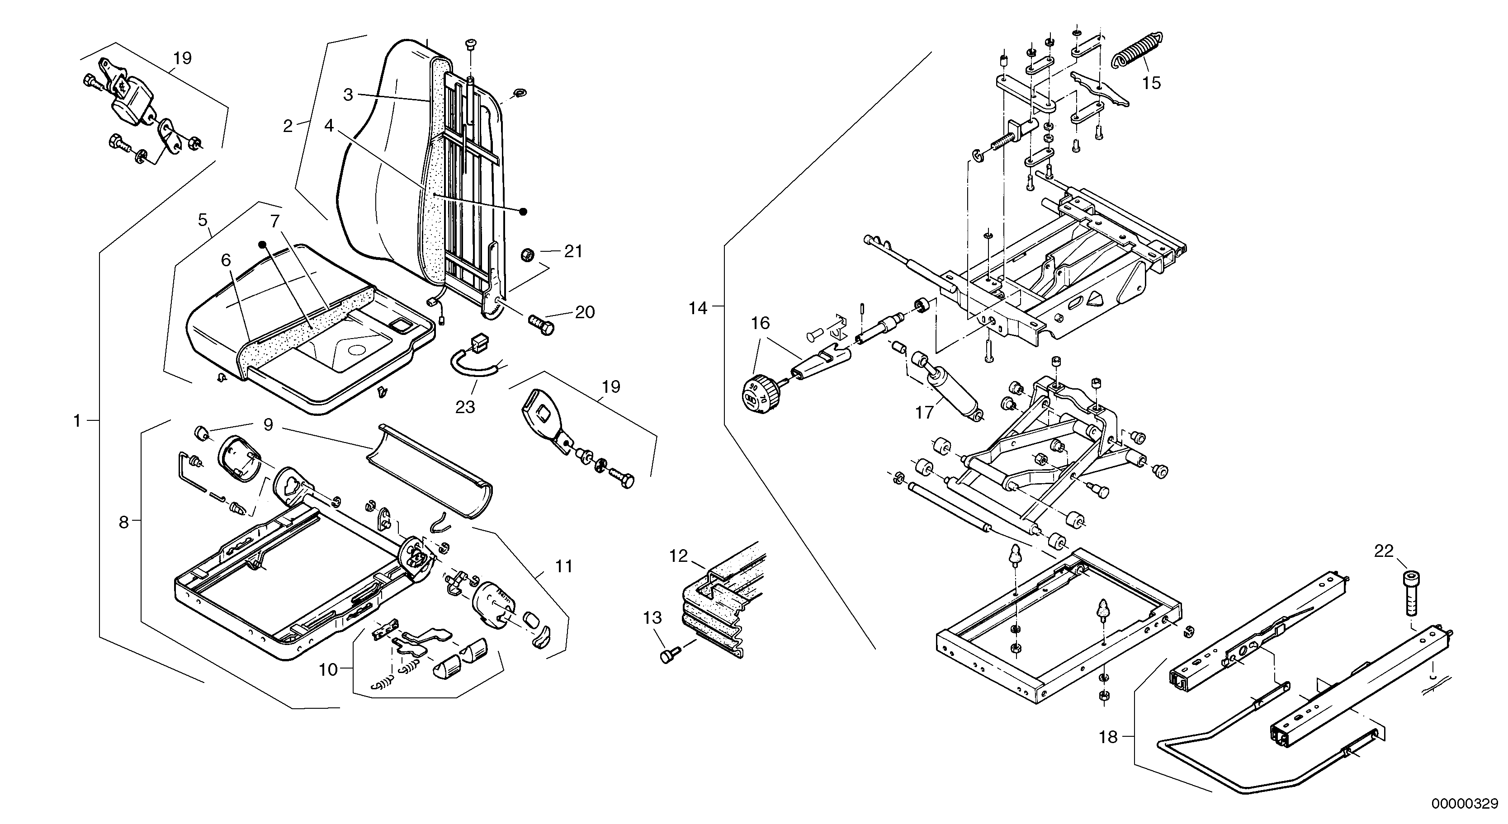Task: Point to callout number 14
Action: pyautogui.click(x=697, y=308)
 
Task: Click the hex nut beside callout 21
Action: pyautogui.click(x=526, y=255)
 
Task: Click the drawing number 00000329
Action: pyautogui.click(x=1469, y=804)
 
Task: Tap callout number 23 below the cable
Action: pyautogui.click(x=465, y=407)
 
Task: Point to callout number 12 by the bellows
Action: pyautogui.click(x=678, y=556)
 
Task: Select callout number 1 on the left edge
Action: pyautogui.click(x=77, y=421)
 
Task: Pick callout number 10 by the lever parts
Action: pyautogui.click(x=328, y=669)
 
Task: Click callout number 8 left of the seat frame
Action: pyautogui.click(x=123, y=522)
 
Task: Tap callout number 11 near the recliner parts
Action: pyautogui.click(x=564, y=566)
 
